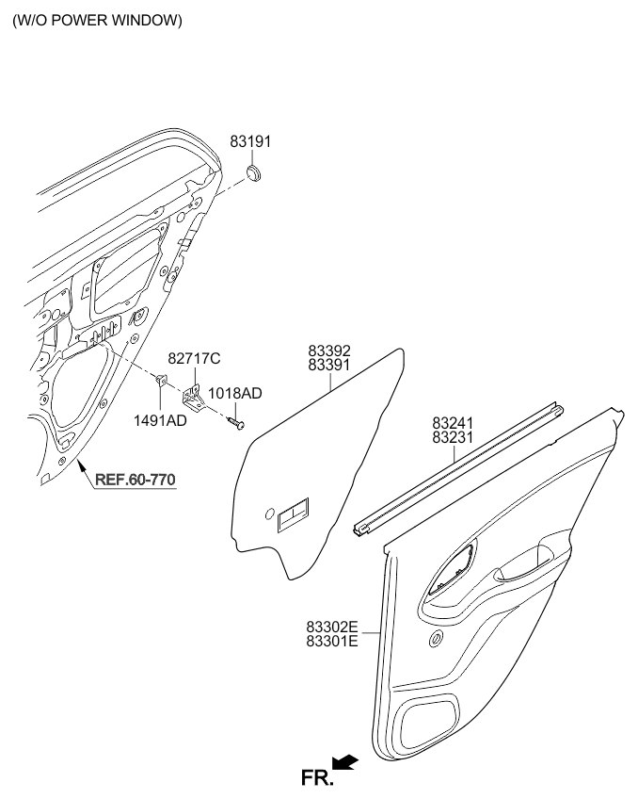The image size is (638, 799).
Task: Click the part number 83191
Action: click(250, 141)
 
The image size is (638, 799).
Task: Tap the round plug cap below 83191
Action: click(254, 172)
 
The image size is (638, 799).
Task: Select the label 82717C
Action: click(194, 359)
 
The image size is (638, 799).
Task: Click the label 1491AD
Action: click(162, 420)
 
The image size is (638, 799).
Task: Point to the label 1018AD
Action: click(235, 393)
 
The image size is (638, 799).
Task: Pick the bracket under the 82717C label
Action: click(195, 396)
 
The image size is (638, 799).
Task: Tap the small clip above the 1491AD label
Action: click(161, 381)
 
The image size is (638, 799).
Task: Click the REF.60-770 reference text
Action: click(136, 480)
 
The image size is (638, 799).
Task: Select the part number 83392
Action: click(329, 351)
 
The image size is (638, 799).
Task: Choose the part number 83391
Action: click(329, 365)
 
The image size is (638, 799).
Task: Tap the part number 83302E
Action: click(331, 626)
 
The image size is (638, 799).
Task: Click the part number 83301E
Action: click(331, 641)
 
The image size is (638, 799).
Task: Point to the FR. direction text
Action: click(316, 777)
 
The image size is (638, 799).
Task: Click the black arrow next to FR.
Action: click(346, 762)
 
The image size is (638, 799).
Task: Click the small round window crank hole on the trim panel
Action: click(437, 641)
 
